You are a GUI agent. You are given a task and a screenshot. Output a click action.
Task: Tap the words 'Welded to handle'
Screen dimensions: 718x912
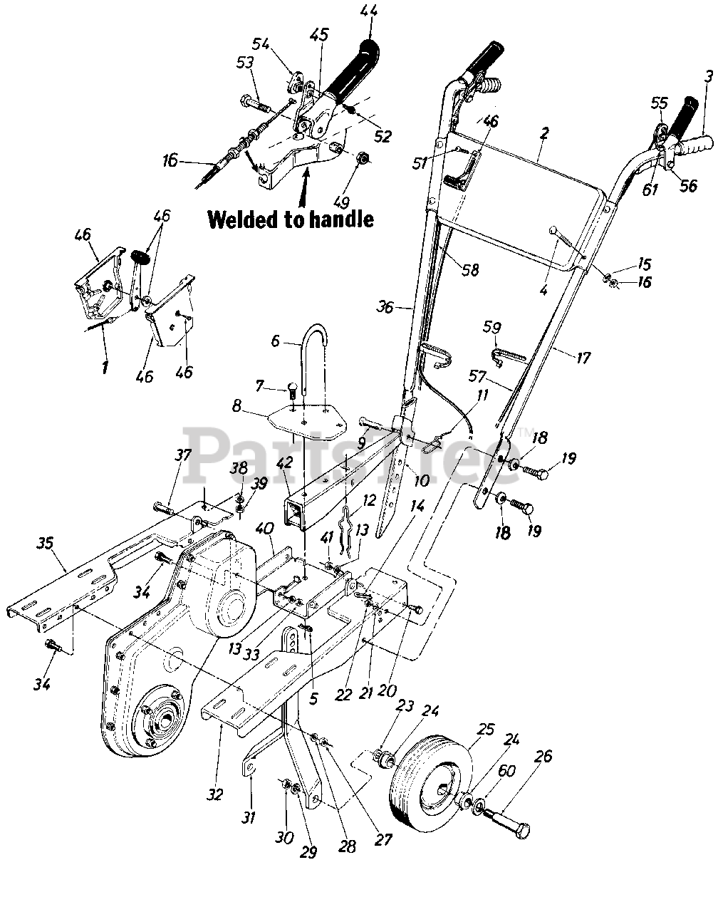(291, 219)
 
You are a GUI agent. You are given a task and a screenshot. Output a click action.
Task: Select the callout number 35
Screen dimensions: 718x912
(46, 544)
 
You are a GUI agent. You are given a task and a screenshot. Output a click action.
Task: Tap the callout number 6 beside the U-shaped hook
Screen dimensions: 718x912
(275, 341)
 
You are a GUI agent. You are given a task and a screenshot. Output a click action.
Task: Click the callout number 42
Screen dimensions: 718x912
(284, 462)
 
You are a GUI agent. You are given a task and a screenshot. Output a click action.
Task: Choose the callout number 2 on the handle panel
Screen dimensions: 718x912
(544, 133)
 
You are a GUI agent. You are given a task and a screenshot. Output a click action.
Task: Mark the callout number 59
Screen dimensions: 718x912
(491, 328)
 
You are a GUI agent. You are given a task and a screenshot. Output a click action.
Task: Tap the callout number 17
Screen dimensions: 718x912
(583, 358)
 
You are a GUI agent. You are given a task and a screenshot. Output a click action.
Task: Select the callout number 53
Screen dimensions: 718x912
(245, 63)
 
